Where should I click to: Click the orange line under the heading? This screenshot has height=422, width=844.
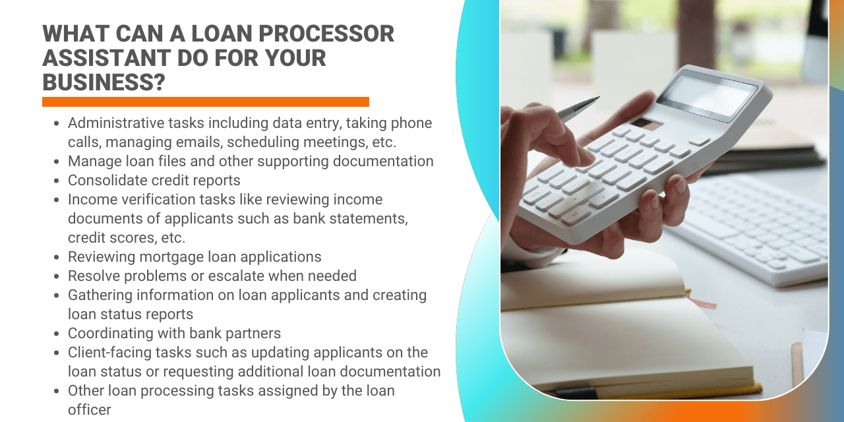click(x=205, y=102)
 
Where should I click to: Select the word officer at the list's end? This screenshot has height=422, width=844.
click(x=90, y=409)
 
